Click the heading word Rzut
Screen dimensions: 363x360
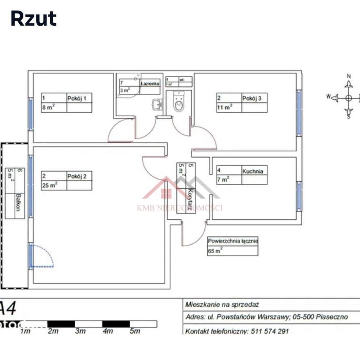[33, 19]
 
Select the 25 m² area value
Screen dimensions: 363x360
[49, 185]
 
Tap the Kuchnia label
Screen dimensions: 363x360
[253, 171]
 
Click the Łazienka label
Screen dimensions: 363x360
[150, 83]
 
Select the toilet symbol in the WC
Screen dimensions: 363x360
[179, 101]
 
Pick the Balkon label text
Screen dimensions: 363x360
[18, 205]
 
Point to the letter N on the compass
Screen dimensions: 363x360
[349, 76]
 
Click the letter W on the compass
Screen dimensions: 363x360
[328, 96]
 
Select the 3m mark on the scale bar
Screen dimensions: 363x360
[80, 331]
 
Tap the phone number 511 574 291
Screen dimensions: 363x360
[269, 332]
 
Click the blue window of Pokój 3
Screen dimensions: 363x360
[299, 113]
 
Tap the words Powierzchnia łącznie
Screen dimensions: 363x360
[232, 241]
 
